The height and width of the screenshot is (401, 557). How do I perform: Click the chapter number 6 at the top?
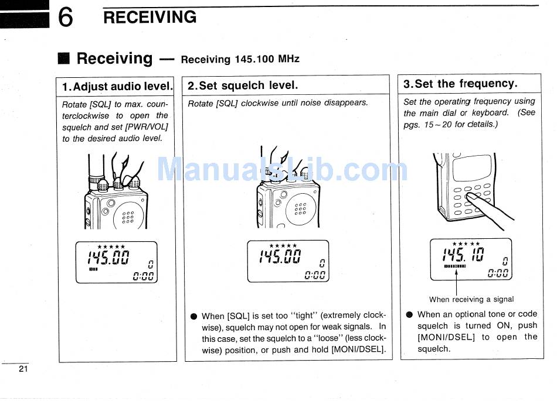click(x=66, y=18)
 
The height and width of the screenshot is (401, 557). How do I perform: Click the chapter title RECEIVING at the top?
click(x=150, y=17)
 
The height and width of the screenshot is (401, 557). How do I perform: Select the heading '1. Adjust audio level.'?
click(x=117, y=87)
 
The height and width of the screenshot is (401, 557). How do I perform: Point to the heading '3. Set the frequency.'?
click(x=460, y=84)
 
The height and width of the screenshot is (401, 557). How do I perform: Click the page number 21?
click(x=23, y=369)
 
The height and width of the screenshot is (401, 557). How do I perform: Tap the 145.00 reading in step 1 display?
click(x=108, y=258)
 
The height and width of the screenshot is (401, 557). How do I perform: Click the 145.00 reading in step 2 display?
click(x=280, y=256)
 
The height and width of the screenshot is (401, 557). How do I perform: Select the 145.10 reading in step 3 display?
click(x=463, y=255)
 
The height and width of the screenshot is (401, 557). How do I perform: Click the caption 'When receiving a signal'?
click(x=471, y=299)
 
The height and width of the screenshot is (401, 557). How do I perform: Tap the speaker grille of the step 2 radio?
click(x=300, y=209)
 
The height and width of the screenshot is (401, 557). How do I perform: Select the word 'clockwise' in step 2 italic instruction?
click(x=261, y=103)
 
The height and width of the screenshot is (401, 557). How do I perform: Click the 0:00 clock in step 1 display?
click(x=143, y=276)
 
